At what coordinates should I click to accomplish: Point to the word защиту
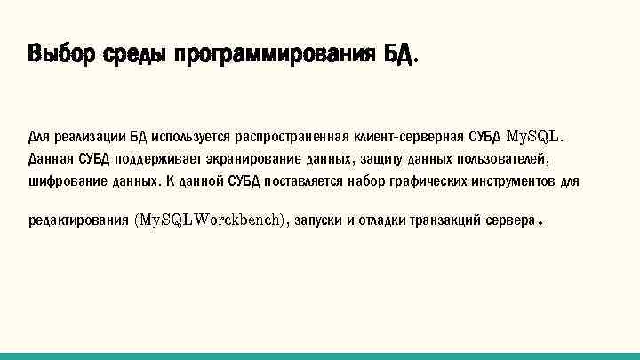coord(384,160)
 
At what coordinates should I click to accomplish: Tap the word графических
coord(424,182)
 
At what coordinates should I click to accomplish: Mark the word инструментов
coord(512,182)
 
